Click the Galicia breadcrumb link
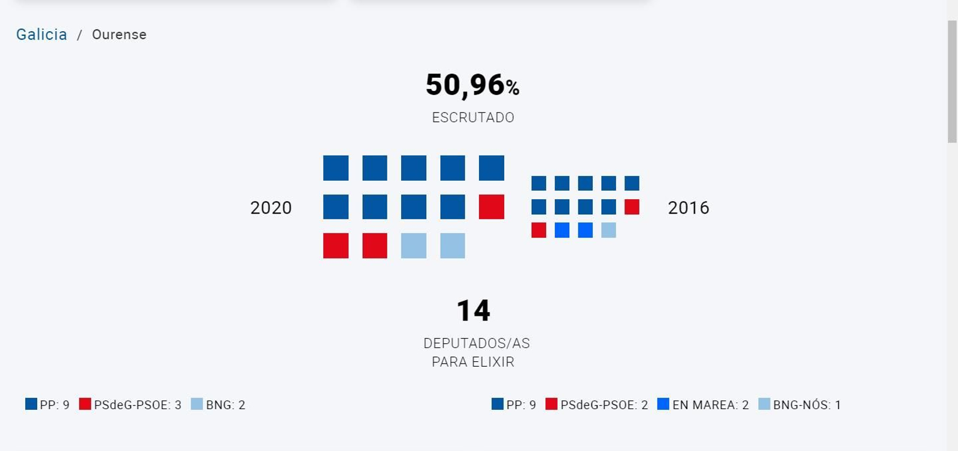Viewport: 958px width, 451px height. pyautogui.click(x=41, y=35)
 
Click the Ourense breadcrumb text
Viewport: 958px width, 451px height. pyautogui.click(x=119, y=35)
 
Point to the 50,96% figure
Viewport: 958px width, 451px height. pyautogui.click(x=472, y=85)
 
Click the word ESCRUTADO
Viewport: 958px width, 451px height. pyautogui.click(x=473, y=117)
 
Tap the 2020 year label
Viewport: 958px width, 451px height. pyautogui.click(x=271, y=208)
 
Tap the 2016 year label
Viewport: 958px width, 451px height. pyautogui.click(x=688, y=208)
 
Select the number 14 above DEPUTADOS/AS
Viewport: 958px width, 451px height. pyautogui.click(x=473, y=310)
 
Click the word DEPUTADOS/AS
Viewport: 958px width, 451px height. pyautogui.click(x=476, y=343)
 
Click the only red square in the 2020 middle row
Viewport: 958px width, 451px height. pyautogui.click(x=491, y=207)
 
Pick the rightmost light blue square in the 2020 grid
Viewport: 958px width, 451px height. pyautogui.click(x=452, y=246)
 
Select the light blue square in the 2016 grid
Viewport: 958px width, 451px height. pyautogui.click(x=608, y=230)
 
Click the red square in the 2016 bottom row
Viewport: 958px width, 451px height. pyautogui.click(x=538, y=230)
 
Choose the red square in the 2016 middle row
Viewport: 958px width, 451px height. pyautogui.click(x=632, y=207)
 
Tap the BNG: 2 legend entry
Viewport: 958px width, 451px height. pyautogui.click(x=219, y=405)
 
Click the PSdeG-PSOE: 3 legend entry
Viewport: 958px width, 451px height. pyautogui.click(x=131, y=405)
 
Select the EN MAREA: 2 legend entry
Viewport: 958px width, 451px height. pyautogui.click(x=704, y=405)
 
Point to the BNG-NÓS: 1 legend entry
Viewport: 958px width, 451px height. pyautogui.click(x=800, y=405)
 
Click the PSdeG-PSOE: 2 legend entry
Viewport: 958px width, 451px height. pyautogui.click(x=597, y=405)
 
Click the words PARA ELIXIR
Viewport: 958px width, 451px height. pyautogui.click(x=473, y=362)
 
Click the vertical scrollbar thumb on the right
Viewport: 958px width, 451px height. pyautogui.click(x=952, y=81)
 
